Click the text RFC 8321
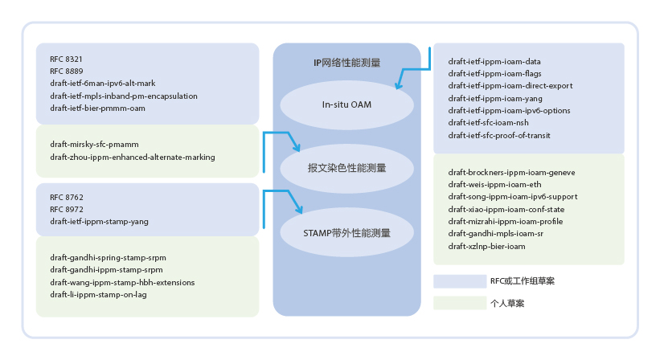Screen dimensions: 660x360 coord(66,59)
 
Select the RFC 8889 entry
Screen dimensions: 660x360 coord(67,72)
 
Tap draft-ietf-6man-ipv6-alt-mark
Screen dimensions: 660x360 coord(103,84)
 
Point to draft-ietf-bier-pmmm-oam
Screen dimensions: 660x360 coord(97,108)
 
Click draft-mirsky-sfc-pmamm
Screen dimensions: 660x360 coord(94,145)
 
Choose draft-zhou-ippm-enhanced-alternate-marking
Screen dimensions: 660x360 coord(133,157)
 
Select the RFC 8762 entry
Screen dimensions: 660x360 coord(67,197)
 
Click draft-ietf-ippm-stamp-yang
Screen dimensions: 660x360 coord(100,222)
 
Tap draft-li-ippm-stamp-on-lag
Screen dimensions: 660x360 coord(99,294)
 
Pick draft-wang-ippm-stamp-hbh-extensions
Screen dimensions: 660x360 coord(122,282)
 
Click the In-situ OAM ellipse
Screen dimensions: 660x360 coord(346,104)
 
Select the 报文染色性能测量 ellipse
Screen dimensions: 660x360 coord(346,168)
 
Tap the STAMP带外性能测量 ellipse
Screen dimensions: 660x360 coord(346,232)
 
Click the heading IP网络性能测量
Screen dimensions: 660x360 coord(346,63)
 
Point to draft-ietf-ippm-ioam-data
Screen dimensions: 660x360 coord(494,61)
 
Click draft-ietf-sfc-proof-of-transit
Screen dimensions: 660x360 coord(499,136)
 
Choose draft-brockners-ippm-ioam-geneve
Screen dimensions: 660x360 coord(512,173)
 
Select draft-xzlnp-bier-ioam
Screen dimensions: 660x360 coord(487,247)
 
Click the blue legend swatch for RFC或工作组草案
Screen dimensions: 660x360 coord(460,281)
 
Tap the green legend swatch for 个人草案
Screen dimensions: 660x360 coord(460,303)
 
